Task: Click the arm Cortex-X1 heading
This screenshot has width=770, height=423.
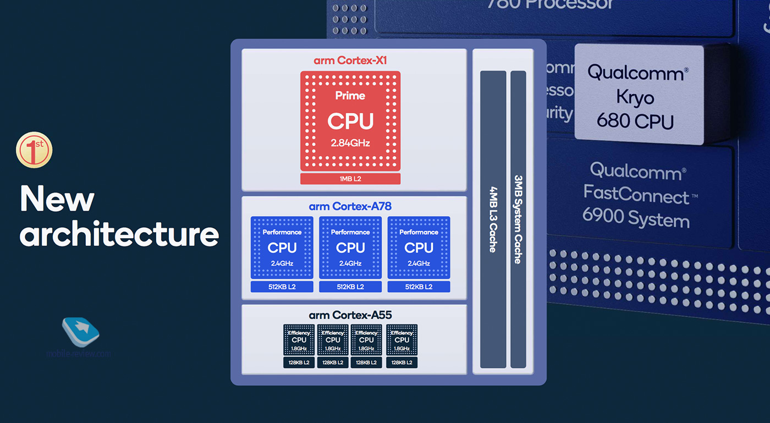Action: (350, 61)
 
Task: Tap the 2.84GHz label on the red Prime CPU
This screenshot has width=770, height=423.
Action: (350, 144)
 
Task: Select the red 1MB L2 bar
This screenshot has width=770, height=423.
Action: (350, 179)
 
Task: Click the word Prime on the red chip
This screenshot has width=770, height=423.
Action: (350, 96)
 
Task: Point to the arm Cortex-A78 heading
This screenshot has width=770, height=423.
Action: (350, 207)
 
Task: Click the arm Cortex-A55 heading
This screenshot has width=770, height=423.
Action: (350, 315)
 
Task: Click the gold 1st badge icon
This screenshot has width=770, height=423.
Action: (34, 149)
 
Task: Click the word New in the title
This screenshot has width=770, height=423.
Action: (57, 199)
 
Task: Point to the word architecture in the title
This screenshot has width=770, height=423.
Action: (119, 234)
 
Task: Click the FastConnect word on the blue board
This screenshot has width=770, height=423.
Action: (636, 195)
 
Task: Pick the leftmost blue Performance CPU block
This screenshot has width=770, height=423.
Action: (282, 248)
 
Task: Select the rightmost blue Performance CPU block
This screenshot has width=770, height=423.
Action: (419, 248)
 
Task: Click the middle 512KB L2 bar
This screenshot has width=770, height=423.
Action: (350, 287)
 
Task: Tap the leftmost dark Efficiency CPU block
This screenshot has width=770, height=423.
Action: (299, 340)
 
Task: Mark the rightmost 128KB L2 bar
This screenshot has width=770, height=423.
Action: (402, 362)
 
